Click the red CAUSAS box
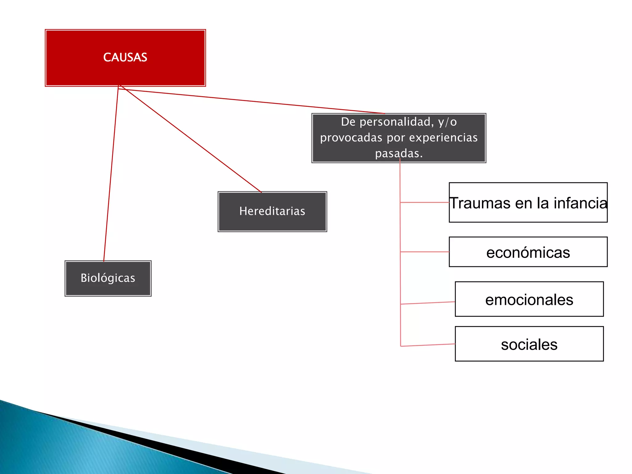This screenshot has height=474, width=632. pyautogui.click(x=125, y=58)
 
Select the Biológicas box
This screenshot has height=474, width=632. pyautogui.click(x=108, y=278)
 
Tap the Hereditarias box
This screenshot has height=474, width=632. pyautogui.click(x=272, y=211)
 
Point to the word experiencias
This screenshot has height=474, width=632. pyautogui.click(x=443, y=138)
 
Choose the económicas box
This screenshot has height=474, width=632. pyautogui.click(x=528, y=252)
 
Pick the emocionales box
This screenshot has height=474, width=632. pyautogui.click(x=529, y=299)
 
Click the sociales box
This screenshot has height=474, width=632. pyautogui.click(x=529, y=344)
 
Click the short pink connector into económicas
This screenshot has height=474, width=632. pyautogui.click(x=425, y=252)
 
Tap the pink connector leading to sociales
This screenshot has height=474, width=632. pyautogui.click(x=428, y=345)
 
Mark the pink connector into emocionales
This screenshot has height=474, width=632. pyautogui.click(x=428, y=303)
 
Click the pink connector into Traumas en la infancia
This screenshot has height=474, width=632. pyautogui.click(x=425, y=202)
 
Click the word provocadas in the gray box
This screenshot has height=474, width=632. pyautogui.click(x=351, y=138)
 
